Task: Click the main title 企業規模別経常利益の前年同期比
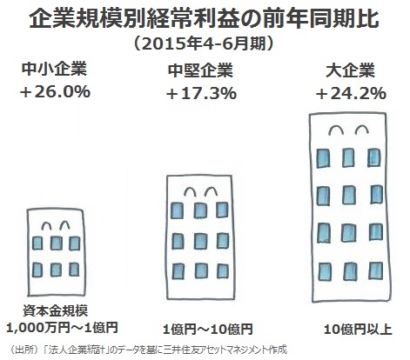pos(204,20)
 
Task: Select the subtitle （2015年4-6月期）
pos(204,43)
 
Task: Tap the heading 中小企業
pos(55,70)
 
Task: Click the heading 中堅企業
pos(200,70)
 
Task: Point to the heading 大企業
pos(350,70)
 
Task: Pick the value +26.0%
pos(55,91)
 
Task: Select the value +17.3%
pos(201,93)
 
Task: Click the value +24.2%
pos(351,93)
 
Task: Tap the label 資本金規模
pos(56,311)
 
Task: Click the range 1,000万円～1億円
pos(62,328)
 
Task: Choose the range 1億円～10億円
pos(207,330)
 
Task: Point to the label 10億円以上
pos(358,330)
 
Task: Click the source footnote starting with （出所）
pos(148,350)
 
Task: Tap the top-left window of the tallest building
pos(323,158)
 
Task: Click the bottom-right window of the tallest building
pos(376,270)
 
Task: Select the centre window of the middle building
pos(200,241)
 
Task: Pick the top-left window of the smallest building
pos(37,243)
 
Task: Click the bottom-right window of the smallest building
pos(74,269)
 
